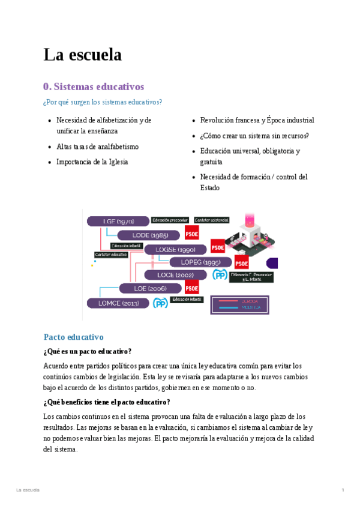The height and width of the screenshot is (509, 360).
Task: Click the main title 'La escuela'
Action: (x=82, y=55)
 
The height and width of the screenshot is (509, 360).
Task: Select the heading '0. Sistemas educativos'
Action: (x=94, y=86)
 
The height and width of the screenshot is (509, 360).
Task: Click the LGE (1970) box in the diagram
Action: (x=118, y=221)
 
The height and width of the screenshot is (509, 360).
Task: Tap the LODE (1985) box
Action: (x=149, y=235)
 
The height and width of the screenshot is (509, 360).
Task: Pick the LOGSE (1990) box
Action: (x=175, y=249)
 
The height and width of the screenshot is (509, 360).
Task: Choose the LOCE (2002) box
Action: (x=176, y=275)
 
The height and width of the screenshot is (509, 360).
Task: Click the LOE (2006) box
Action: (x=150, y=289)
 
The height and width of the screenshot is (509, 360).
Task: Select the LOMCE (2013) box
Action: (x=118, y=303)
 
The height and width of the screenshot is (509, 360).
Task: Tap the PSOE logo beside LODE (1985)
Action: (x=192, y=234)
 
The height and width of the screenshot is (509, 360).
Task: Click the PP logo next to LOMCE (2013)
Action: (x=160, y=304)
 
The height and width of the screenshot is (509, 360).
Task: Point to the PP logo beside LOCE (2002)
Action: (x=220, y=275)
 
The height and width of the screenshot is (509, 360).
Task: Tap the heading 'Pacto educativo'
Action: (x=74, y=337)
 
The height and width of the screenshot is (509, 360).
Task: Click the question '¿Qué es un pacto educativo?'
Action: (x=88, y=352)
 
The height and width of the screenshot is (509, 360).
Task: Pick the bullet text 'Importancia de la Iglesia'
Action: (x=92, y=162)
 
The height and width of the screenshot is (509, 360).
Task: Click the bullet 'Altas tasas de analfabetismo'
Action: (x=97, y=146)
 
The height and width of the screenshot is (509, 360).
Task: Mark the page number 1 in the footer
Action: (x=343, y=490)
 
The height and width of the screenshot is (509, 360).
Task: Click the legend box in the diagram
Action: (x=239, y=305)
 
